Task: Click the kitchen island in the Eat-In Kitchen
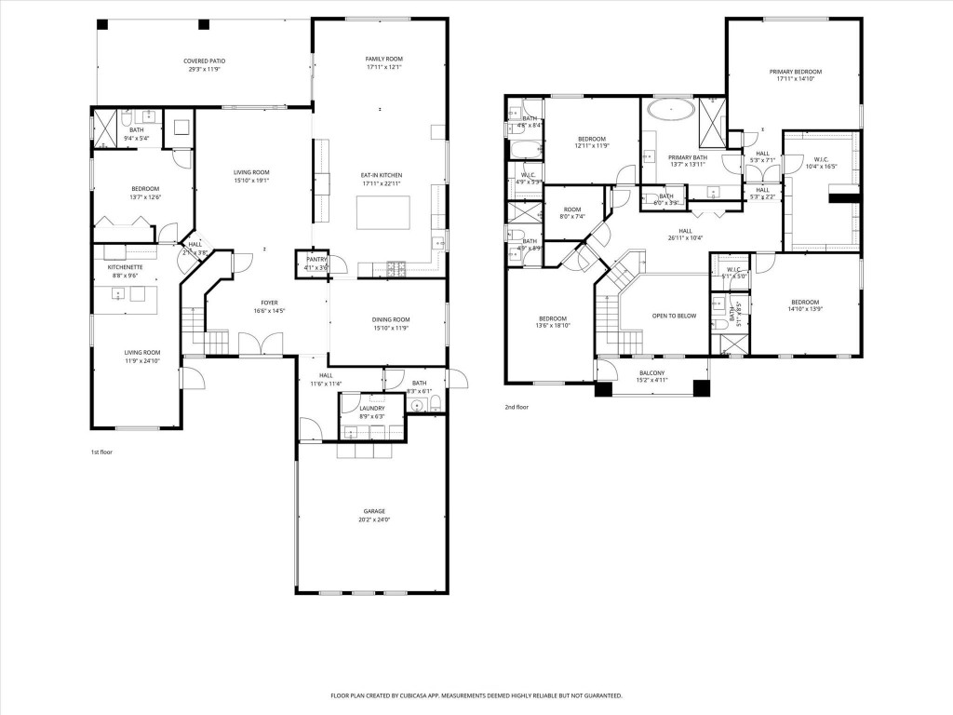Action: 383,212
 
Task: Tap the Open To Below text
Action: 674,316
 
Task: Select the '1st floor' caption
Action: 101,452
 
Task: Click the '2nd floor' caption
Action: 517,407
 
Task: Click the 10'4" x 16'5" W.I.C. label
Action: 820,163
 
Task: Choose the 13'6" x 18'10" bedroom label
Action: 552,321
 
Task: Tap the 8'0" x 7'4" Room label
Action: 572,213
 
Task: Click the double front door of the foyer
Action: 253,345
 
